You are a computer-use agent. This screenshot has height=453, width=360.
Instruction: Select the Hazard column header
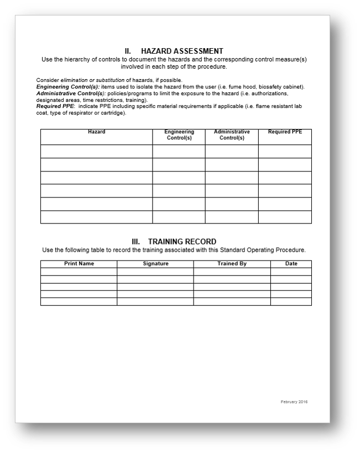coord(96,132)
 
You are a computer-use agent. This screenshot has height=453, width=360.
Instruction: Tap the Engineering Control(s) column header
coord(179,135)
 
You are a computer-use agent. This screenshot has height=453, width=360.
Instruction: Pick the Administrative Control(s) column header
coord(232,135)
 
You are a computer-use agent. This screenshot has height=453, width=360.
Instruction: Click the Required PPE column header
coord(284,132)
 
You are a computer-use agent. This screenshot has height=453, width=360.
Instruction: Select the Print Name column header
coord(79,264)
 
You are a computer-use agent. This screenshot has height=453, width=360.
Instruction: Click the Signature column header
coord(155,264)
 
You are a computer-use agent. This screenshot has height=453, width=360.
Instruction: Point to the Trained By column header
coord(232,264)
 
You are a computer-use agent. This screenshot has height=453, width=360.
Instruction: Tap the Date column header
coord(291,264)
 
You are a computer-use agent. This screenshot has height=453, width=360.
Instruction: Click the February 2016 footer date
coord(294,402)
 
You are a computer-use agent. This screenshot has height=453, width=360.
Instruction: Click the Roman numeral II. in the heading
coord(128,51)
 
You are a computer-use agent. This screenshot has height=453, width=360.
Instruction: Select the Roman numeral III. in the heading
coord(137,242)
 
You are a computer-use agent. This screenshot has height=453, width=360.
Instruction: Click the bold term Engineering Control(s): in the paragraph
coord(68,87)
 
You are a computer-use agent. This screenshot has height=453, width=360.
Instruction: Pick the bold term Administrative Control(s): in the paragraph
coord(71,93)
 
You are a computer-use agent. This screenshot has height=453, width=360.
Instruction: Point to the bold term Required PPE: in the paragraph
coord(55,106)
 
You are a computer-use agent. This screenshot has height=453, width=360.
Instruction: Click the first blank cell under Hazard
coord(96,152)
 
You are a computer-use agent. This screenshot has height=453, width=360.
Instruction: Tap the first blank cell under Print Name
coord(79,272)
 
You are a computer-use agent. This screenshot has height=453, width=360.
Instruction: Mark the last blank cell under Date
coord(291,301)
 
